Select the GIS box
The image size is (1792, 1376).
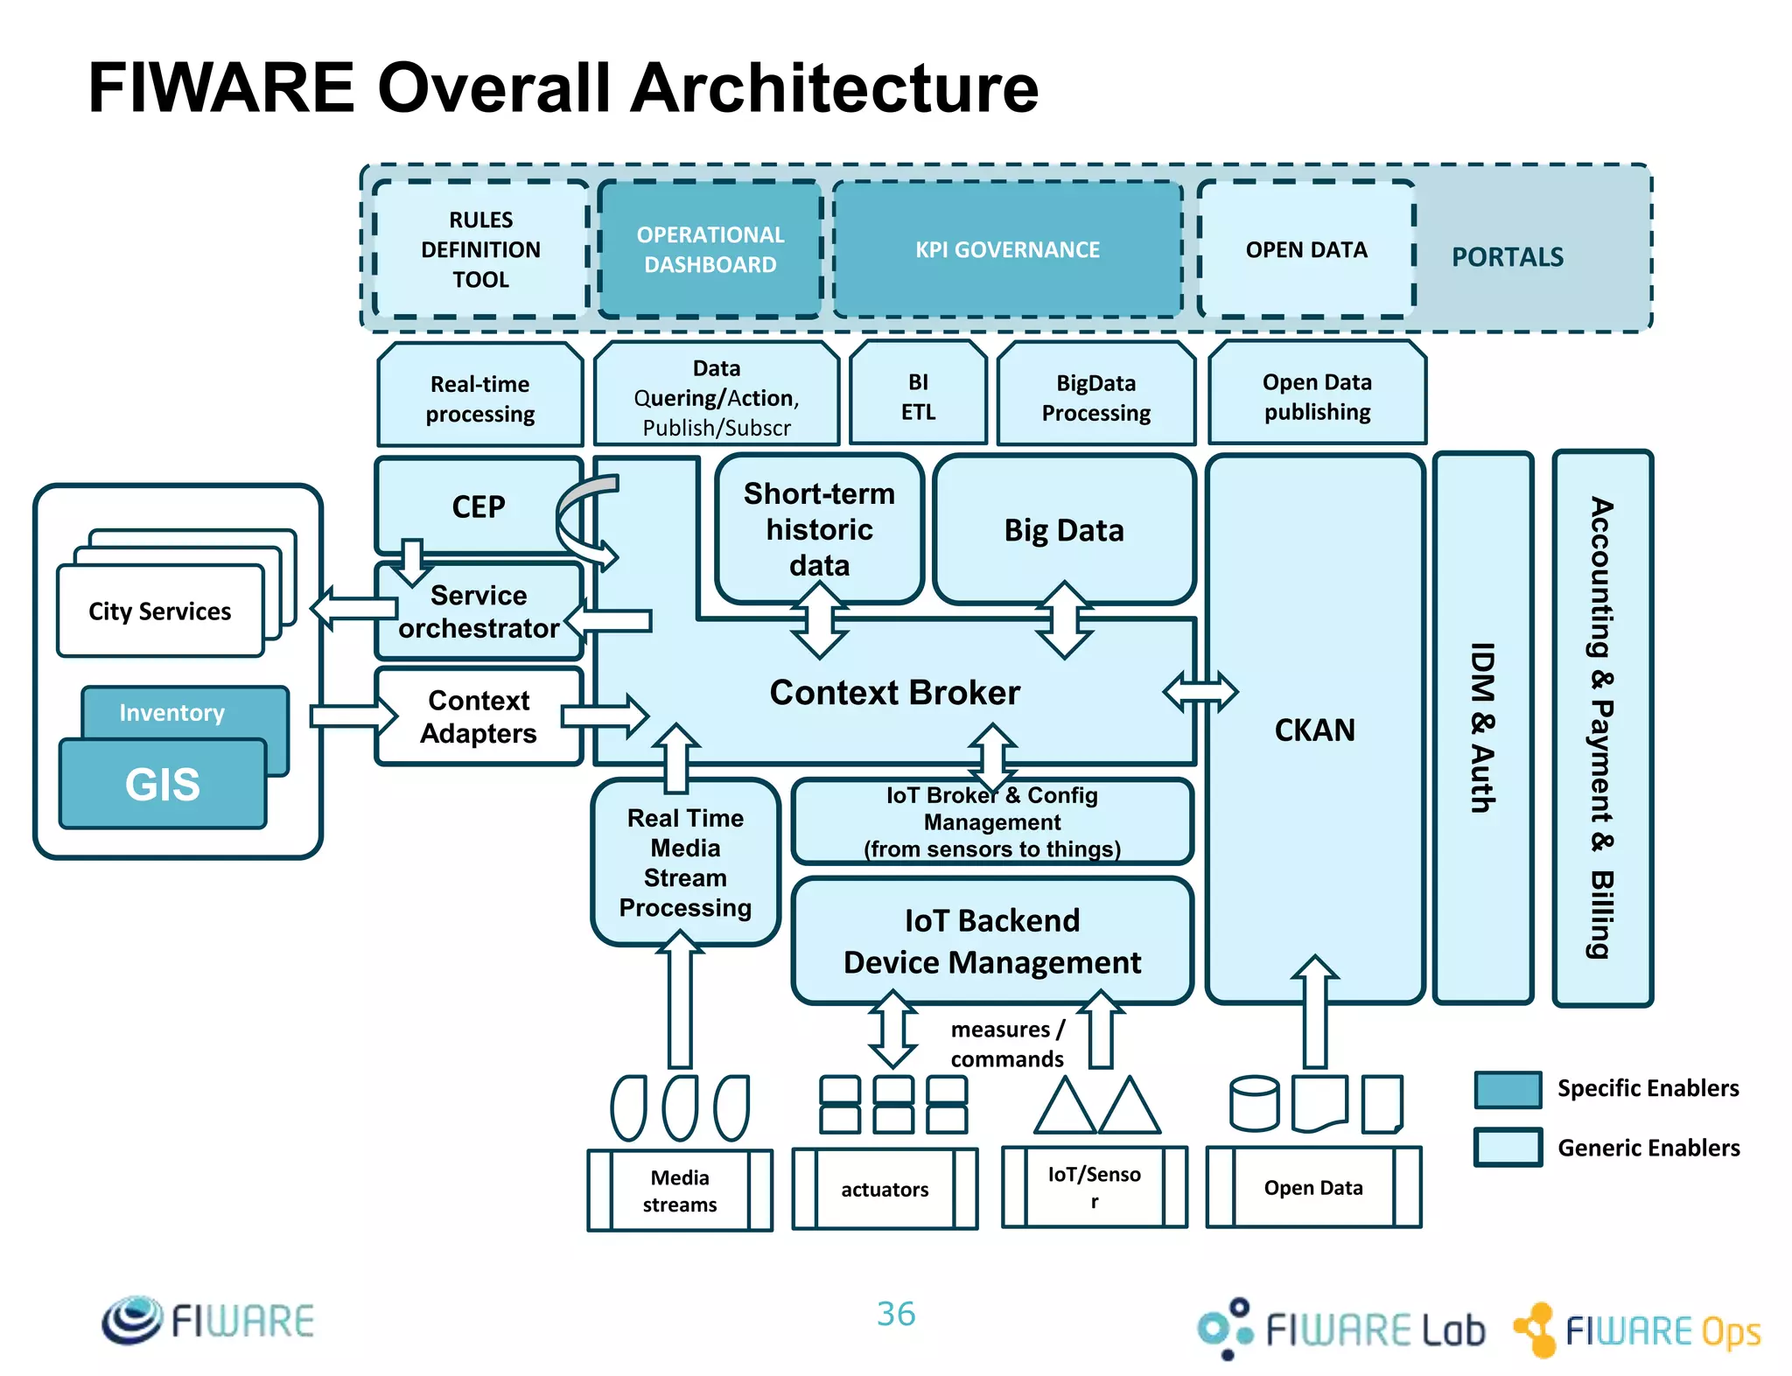[163, 784]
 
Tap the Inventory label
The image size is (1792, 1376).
[172, 712]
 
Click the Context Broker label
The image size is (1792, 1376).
[894, 692]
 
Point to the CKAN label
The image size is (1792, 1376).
[1314, 730]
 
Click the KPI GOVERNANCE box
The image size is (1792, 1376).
[1007, 249]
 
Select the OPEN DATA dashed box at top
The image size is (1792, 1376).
[1305, 249]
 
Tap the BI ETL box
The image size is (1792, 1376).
[918, 396]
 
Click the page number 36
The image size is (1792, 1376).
[896, 1313]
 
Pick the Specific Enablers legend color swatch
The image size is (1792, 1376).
[1508, 1089]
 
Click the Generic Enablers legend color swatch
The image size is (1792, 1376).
[1508, 1147]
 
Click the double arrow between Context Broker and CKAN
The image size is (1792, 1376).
[1200, 692]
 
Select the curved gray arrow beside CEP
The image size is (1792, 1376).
[577, 516]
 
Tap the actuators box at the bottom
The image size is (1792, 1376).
[885, 1189]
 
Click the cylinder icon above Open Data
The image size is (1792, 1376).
[1254, 1103]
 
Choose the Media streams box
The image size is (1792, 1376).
[680, 1191]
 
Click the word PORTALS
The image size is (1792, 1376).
[1507, 257]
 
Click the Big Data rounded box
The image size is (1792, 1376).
[1063, 529]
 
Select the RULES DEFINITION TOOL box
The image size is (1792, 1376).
[480, 249]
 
